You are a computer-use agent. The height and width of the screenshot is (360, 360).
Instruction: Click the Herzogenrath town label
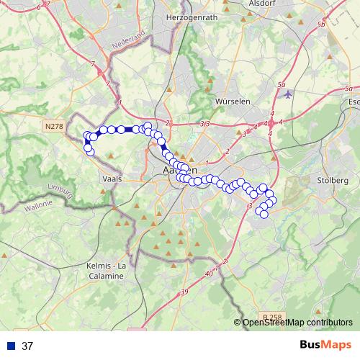(190, 16)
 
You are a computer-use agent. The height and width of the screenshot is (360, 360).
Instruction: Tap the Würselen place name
(233, 102)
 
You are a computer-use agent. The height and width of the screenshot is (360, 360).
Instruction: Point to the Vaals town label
(113, 177)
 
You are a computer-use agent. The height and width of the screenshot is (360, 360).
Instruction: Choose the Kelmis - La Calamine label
(107, 271)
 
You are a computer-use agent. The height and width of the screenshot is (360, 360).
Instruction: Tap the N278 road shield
(53, 126)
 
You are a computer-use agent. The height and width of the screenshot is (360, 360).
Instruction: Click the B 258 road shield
(272, 316)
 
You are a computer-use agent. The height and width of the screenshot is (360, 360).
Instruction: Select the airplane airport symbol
(289, 94)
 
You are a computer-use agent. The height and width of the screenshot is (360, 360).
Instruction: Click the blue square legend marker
(11, 346)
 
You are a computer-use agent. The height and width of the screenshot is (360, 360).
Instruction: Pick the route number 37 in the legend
(27, 346)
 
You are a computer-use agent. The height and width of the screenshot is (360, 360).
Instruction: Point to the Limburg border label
(60, 189)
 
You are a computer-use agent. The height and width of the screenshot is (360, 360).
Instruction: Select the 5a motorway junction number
(279, 85)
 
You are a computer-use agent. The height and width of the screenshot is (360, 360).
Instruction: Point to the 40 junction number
(209, 274)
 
